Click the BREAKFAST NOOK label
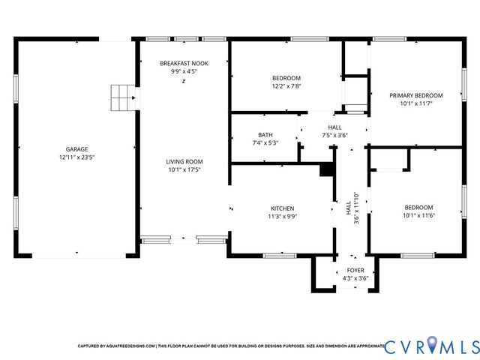pyautogui.click(x=184, y=64)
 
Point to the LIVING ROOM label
pyautogui.click(x=184, y=161)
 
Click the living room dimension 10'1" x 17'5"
pyautogui.click(x=184, y=170)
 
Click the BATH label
pyautogui.click(x=265, y=135)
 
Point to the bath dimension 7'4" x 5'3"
pyautogui.click(x=265, y=143)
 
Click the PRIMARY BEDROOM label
pyautogui.click(x=415, y=95)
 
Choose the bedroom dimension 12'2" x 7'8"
pyautogui.click(x=286, y=86)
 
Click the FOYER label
pyautogui.click(x=355, y=270)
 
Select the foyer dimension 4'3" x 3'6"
pyautogui.click(x=355, y=278)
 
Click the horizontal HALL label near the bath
pyautogui.click(x=334, y=127)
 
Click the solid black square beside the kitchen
pyautogui.click(x=326, y=170)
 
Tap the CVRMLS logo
pyautogui.click(x=430, y=346)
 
